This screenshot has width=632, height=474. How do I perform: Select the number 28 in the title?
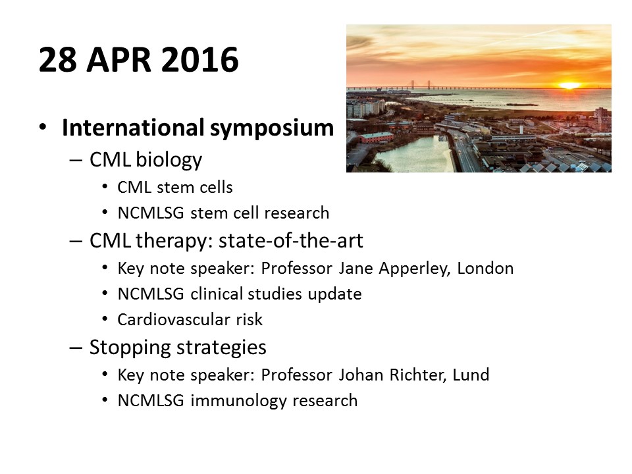57,60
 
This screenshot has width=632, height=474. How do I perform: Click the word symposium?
272,129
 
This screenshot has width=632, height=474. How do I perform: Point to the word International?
133,127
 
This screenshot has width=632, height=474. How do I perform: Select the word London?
485,268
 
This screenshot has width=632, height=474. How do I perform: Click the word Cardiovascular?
169,320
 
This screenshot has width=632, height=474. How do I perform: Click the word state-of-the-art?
290,241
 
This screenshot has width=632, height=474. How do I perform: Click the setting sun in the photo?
569,86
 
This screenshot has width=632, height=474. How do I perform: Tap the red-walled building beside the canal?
375,138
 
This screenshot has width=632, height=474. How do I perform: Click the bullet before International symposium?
43,128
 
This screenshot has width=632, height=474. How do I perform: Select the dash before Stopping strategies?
76,348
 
